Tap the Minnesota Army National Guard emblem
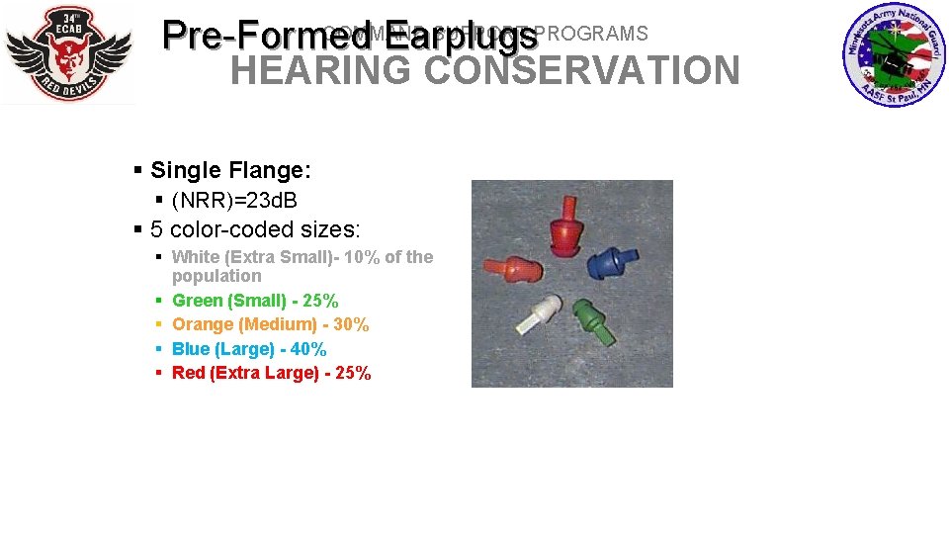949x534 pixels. coord(894,55)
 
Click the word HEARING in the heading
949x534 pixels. coord(320,71)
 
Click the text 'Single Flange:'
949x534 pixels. coord(230,170)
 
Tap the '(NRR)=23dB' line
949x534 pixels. coord(234,201)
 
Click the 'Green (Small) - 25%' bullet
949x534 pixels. coord(255,301)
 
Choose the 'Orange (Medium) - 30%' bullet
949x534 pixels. coord(270,324)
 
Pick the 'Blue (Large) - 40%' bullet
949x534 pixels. coord(249,349)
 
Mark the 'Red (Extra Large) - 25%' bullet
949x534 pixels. coord(271,373)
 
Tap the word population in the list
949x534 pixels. coord(216,276)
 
